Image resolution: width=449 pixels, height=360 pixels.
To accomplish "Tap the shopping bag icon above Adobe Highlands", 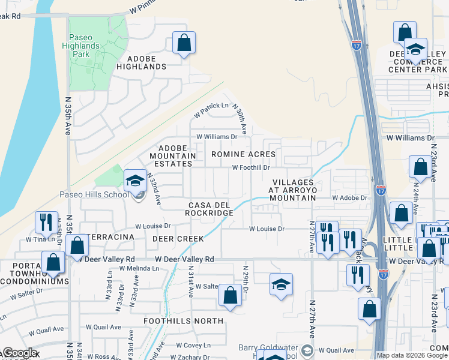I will click(x=184, y=43).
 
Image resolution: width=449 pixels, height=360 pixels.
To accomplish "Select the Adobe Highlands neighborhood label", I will click(x=142, y=62).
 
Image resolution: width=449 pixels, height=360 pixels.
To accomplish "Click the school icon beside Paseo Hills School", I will click(x=136, y=180).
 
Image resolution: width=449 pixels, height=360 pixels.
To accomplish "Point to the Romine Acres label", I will click(x=243, y=154).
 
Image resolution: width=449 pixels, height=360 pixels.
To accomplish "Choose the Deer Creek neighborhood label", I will click(x=178, y=238).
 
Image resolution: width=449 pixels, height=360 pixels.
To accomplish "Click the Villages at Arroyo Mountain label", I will click(x=294, y=190).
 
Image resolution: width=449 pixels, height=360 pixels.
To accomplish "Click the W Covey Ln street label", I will click(x=190, y=345).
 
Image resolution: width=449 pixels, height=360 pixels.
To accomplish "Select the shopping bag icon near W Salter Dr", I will click(x=230, y=295).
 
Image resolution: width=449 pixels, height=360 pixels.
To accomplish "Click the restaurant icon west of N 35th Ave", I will click(x=46, y=222).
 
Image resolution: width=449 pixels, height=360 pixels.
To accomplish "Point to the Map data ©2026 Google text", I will click(x=411, y=355).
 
